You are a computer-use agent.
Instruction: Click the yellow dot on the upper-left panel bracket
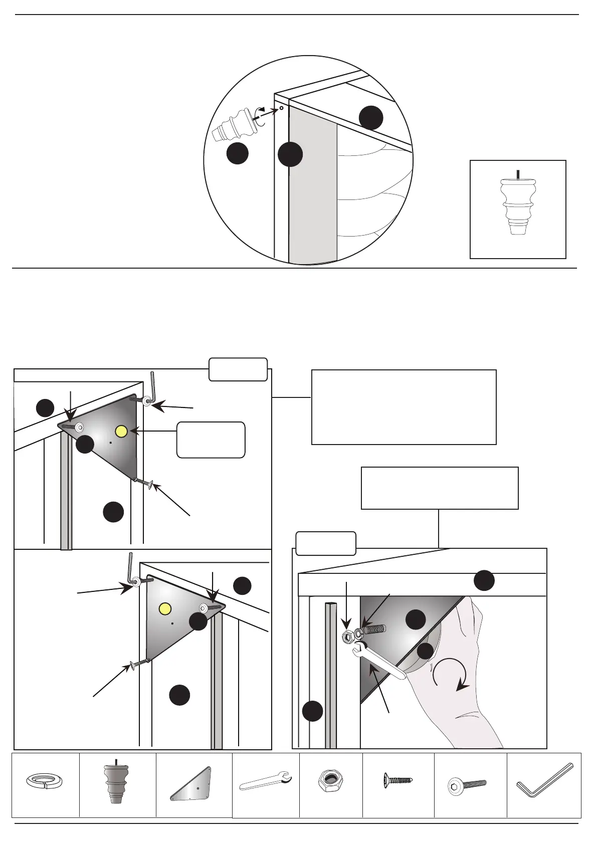coord(121,431)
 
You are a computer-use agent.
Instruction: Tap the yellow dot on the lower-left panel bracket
coord(165,608)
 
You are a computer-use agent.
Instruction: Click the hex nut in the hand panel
coord(347,637)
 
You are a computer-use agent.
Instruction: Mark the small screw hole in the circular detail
coord(281,107)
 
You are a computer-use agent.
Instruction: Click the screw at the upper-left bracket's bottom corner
coord(144,483)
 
